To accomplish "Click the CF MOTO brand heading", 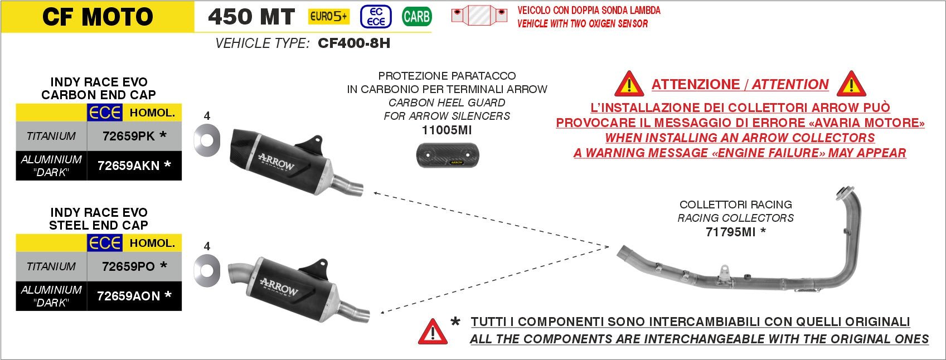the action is point(98,17).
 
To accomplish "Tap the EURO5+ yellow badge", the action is point(328,17).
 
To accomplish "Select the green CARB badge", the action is point(416,17).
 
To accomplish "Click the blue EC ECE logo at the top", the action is point(375,17).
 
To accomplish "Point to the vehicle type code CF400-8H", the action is point(354,43).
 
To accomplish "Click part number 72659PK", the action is point(129,136).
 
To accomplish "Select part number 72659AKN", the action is point(128,166).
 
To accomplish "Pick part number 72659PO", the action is point(128,266).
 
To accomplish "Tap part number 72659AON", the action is point(128,296).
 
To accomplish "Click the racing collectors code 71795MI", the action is point(730,232).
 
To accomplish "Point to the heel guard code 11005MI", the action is point(447,130).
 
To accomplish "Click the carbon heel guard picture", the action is point(448,155).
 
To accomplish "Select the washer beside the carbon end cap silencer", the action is point(207,140).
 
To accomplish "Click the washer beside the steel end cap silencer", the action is point(207,271).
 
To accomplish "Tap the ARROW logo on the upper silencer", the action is point(276,162).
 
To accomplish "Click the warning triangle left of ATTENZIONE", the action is point(629,84).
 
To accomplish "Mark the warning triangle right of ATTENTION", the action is point(851,84).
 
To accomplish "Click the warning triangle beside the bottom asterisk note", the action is point(433,332).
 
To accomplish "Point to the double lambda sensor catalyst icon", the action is point(479,16).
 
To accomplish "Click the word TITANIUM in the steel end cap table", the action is point(51,266).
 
